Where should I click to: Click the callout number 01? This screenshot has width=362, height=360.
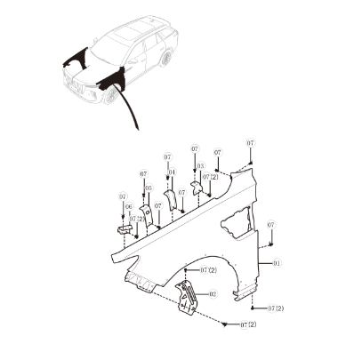coord(277,263)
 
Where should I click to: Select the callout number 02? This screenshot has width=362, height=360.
coord(213,294)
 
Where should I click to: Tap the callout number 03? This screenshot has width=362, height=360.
coord(200,166)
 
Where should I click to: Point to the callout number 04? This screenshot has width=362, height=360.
coord(172,172)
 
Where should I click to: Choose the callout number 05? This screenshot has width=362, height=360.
coord(149,188)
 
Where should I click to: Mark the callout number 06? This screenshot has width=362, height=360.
coord(129,207)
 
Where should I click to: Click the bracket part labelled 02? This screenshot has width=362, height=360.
coord(186,297)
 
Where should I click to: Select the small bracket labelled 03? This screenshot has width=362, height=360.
coord(196,188)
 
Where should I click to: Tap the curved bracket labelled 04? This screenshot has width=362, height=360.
coord(171,200)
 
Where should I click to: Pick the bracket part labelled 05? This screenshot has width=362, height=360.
coord(147,216)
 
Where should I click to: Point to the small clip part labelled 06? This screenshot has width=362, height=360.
coord(124,229)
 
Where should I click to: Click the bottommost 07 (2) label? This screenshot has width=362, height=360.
coord(248,324)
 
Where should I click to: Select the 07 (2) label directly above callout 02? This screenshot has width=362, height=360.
coord(208,270)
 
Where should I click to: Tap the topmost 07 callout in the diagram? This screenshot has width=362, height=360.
coord(251,143)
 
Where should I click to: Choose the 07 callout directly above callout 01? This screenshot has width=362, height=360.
coord(271,225)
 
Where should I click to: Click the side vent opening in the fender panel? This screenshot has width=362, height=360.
coord(237,223)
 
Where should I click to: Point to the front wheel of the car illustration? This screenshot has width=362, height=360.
coord(111,94)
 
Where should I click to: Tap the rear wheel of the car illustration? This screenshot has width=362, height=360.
coord(165,59)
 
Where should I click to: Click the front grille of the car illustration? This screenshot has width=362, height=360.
coord(73,84)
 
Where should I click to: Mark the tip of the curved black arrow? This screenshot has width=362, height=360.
coord(139,130)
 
